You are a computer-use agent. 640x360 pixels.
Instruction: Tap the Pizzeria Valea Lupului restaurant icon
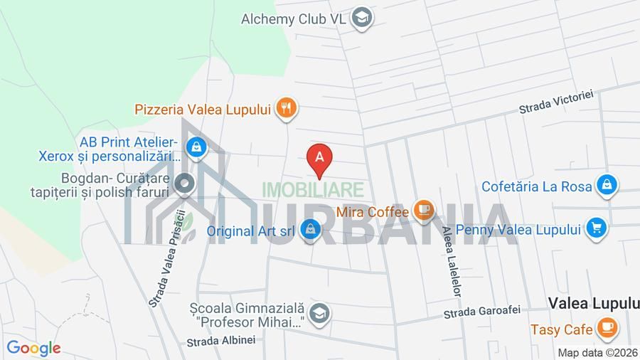[287, 108]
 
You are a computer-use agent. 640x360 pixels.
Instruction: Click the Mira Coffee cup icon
[424, 210]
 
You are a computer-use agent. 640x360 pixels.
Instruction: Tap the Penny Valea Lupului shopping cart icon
[596, 228]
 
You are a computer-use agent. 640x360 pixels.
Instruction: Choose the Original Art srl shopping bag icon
[309, 230]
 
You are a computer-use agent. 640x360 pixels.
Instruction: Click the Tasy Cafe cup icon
[607, 329]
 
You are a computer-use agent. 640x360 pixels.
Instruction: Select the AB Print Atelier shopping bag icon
[193, 147]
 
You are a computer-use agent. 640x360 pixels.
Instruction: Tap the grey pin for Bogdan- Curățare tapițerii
[186, 184]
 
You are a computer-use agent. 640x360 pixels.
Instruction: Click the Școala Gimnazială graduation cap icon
[320, 314]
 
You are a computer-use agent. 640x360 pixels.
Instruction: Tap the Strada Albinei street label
[220, 342]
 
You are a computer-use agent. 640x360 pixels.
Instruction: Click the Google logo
[33, 348]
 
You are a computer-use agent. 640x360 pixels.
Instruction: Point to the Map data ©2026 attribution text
[597, 353]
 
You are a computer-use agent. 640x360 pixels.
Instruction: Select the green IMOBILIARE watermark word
[313, 189]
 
